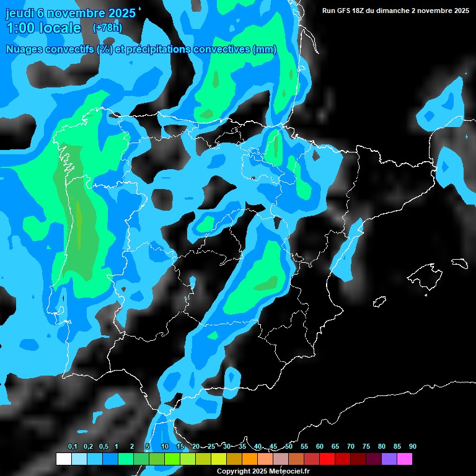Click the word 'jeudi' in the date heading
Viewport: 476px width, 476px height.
[x=19, y=12]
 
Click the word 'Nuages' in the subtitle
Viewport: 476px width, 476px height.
[x=25, y=50]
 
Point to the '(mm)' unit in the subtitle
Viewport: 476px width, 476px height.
[x=265, y=50]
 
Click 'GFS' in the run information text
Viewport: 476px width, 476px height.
[x=348, y=11]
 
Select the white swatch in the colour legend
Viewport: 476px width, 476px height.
[x=63, y=459]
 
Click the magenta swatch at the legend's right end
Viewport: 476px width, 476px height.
[x=405, y=459]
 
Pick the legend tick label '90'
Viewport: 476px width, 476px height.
[x=412, y=447]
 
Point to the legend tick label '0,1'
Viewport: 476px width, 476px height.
[x=73, y=447]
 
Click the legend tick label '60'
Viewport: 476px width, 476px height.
[x=319, y=447]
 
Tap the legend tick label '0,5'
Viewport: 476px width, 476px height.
[x=104, y=447]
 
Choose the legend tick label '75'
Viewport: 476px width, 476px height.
[x=366, y=447]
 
